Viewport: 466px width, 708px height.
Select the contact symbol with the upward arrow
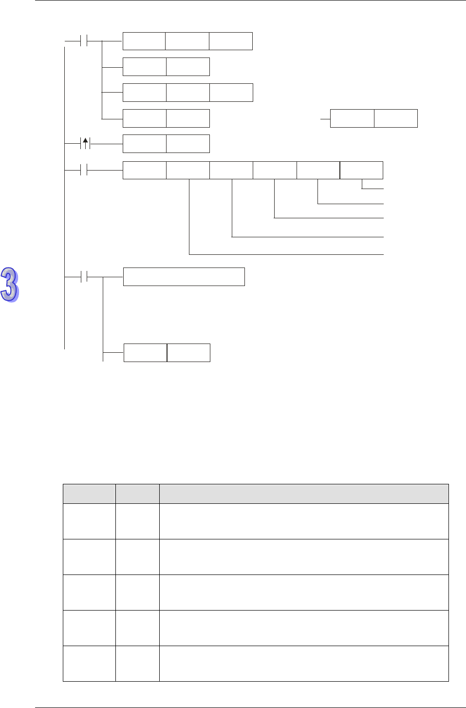[x=86, y=144]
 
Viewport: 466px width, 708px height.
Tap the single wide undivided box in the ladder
[x=184, y=277]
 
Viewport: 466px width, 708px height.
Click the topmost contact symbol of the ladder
[x=84, y=41]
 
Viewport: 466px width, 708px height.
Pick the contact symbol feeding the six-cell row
[x=84, y=170]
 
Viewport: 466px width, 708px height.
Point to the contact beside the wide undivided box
[x=84, y=277]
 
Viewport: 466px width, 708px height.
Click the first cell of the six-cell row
[x=144, y=170]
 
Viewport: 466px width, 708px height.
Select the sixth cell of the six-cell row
[x=361, y=170]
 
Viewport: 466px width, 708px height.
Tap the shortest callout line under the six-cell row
[x=373, y=188]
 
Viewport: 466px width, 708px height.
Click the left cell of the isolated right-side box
[x=352, y=118]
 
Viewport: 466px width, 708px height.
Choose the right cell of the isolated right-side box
[x=396, y=118]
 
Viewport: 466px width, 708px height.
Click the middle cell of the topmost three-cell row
[x=187, y=41]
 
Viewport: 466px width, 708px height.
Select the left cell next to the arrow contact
[x=144, y=144]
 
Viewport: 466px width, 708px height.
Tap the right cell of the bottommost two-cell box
[x=188, y=353]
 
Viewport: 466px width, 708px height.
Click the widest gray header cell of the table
[x=304, y=494]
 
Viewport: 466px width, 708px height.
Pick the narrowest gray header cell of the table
[x=137, y=494]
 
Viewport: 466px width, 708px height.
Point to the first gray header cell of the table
[x=89, y=494]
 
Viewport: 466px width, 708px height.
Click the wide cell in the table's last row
[x=304, y=664]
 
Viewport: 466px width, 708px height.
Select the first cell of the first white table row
[x=89, y=521]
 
